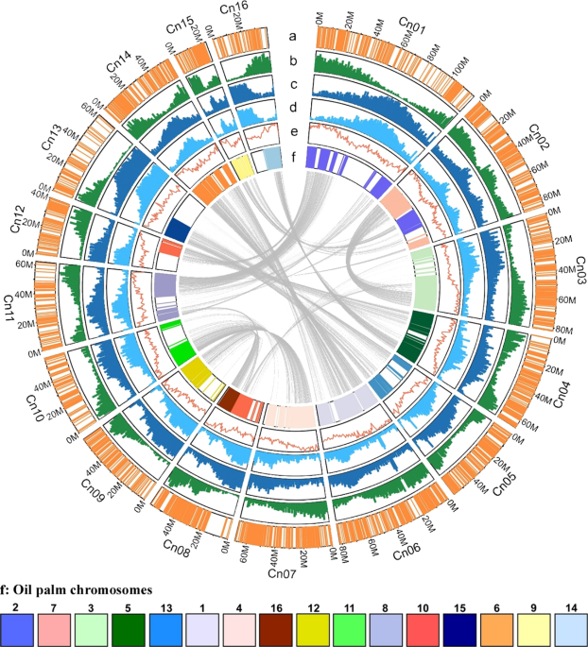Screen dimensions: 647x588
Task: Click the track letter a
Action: pyautogui.click(x=293, y=36)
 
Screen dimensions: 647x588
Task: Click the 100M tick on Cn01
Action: pyautogui.click(x=460, y=71)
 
